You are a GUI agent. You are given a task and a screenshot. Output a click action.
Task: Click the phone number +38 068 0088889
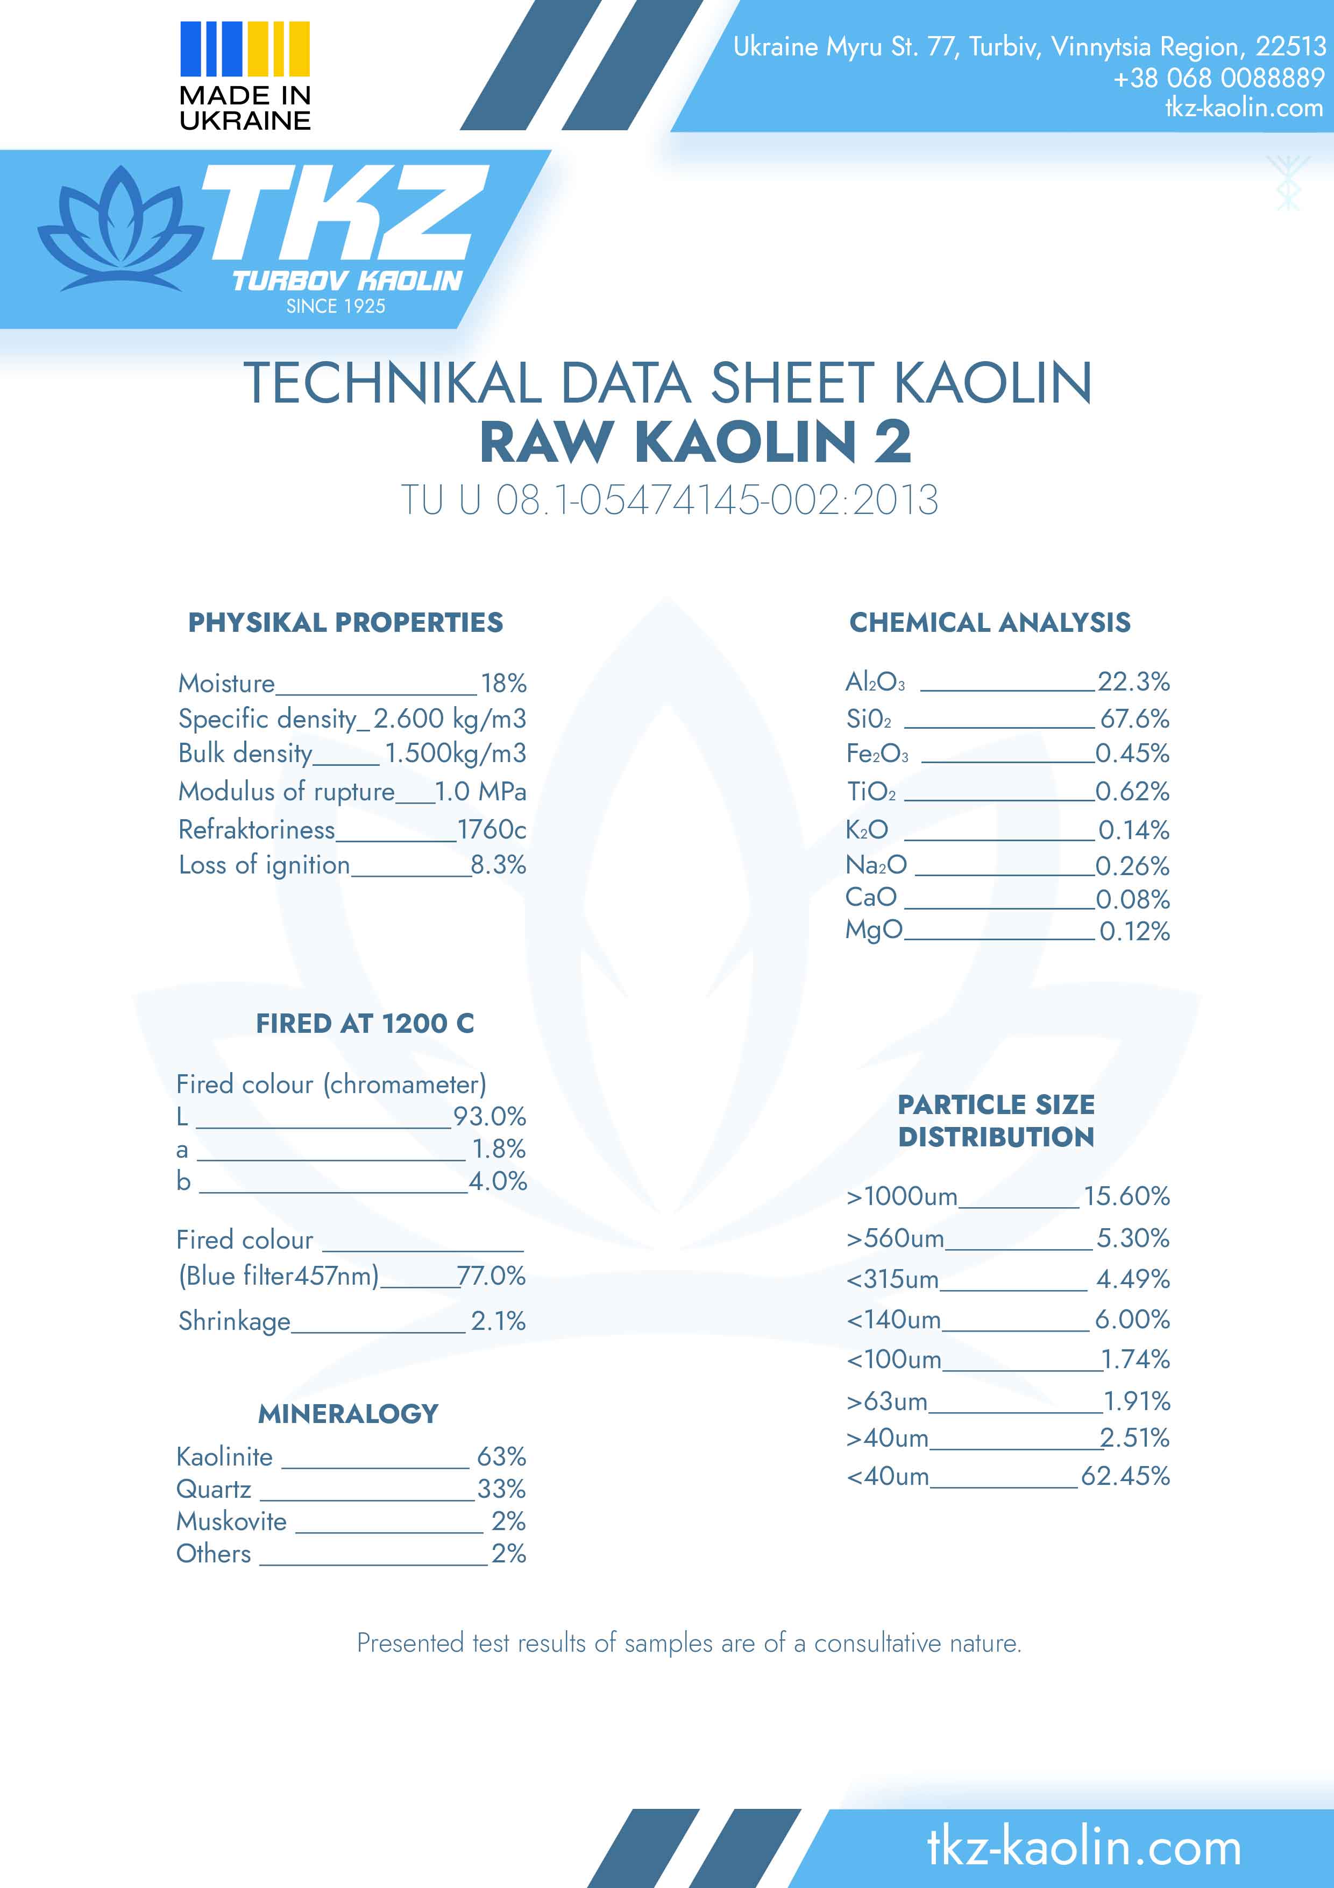1218,78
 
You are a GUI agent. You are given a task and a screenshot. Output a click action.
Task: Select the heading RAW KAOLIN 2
696,442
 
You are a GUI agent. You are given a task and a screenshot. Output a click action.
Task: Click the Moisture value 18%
503,684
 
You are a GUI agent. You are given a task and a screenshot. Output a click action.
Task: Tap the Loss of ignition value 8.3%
498,864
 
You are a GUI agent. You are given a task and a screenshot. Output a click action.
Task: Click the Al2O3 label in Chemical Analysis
875,682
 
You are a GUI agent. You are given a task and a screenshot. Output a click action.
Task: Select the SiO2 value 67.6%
1134,718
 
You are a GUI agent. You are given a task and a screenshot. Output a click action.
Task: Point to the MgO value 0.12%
1134,931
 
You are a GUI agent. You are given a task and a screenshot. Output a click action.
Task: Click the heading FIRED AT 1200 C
365,1023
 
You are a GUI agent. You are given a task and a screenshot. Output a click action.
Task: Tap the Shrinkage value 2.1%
498,1321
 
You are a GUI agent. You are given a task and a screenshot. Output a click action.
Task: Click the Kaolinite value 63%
501,1456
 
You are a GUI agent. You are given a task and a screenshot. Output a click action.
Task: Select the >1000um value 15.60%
1126,1196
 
